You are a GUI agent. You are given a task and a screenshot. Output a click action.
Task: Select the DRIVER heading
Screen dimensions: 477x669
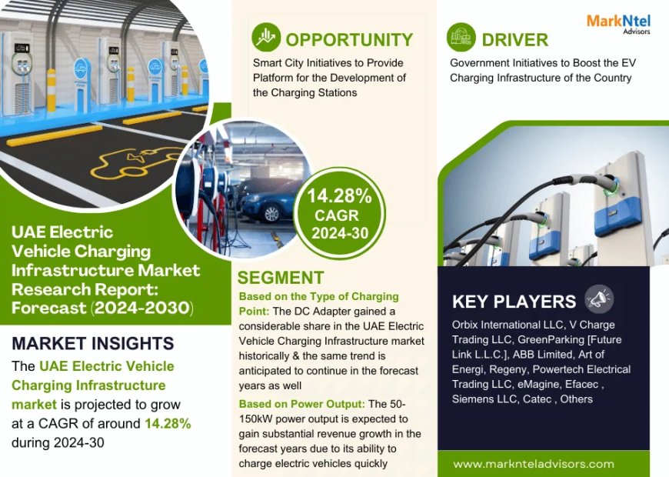[514, 39]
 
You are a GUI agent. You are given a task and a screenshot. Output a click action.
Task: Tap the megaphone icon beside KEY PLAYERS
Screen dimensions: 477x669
[600, 299]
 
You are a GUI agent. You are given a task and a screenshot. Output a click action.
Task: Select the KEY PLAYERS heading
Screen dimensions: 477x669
[514, 302]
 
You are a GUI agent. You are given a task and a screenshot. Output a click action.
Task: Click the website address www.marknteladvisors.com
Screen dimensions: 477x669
[534, 464]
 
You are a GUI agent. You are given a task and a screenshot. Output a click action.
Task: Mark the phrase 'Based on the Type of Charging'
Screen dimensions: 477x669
[318, 296]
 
